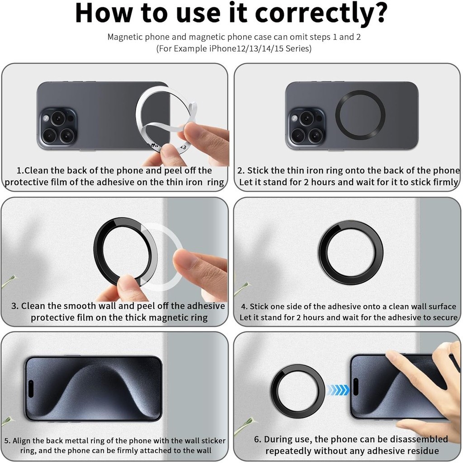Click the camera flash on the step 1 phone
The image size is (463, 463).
click(46, 119)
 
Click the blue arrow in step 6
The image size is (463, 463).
click(338, 390)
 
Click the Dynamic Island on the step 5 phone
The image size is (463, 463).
click(31, 389)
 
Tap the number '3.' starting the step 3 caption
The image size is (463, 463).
click(15, 306)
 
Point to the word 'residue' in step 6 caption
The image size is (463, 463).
click(422, 451)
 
